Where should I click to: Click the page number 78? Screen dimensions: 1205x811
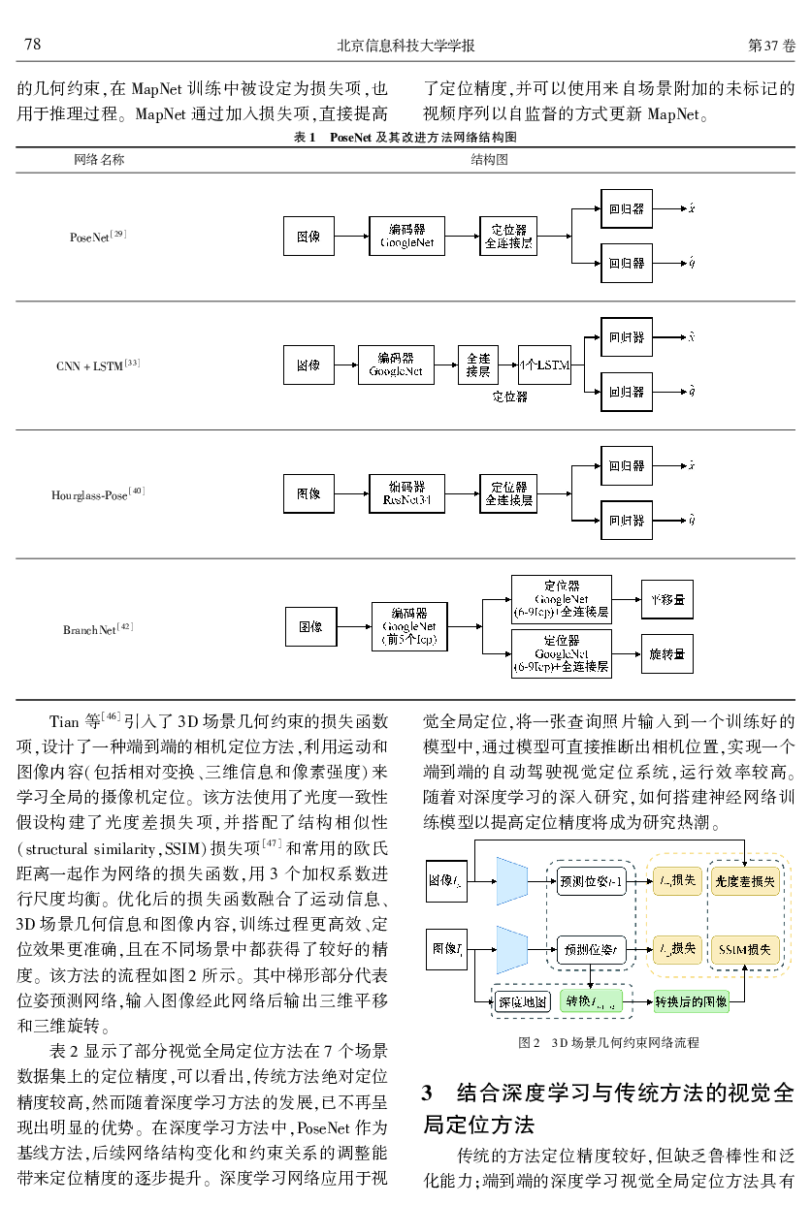pyautogui.click(x=32, y=45)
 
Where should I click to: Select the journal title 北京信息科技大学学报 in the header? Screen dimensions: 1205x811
pyautogui.click(x=405, y=46)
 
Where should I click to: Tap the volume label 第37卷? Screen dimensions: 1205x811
pyautogui.click(x=771, y=46)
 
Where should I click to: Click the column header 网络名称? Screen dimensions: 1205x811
pyautogui.click(x=99, y=159)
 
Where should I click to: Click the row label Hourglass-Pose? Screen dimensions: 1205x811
pyautogui.click(x=98, y=494)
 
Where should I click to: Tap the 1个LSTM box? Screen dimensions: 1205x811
pyautogui.click(x=544, y=365)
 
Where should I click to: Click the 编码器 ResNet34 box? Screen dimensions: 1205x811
pyautogui.click(x=406, y=493)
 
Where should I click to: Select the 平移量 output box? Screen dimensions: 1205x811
pyautogui.click(x=667, y=600)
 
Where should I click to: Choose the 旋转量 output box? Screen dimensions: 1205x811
pyautogui.click(x=667, y=655)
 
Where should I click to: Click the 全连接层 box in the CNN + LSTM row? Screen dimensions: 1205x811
pyautogui.click(x=478, y=365)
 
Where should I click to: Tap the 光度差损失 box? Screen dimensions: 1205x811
pyautogui.click(x=744, y=880)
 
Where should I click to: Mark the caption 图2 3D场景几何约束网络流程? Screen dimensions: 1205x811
pyautogui.click(x=608, y=1042)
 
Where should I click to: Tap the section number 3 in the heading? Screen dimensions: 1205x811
pyautogui.click(x=428, y=1095)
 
